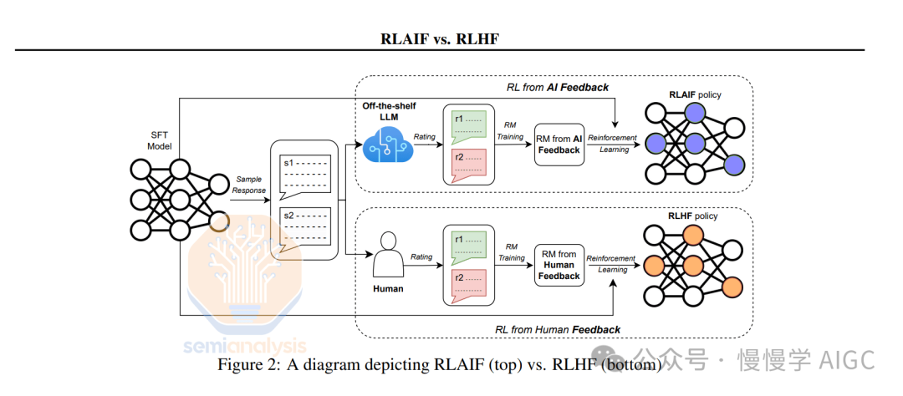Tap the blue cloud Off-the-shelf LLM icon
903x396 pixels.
387,144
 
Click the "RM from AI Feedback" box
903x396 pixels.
559,144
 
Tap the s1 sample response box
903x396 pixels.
307,173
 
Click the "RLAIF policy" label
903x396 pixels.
694,95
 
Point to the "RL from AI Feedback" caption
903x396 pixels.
558,87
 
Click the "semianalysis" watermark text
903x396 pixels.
245,345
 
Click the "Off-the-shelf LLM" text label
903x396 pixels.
389,111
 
